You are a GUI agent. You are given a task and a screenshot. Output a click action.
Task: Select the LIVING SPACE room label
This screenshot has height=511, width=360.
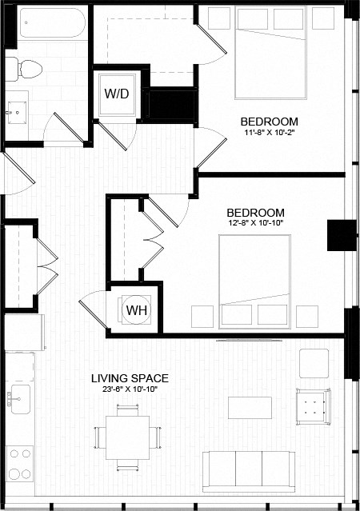click(x=129, y=377)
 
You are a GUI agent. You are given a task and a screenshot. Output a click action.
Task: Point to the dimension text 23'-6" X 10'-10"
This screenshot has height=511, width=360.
click(x=129, y=389)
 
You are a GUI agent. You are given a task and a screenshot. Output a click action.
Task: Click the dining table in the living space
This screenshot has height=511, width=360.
click(x=129, y=437)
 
